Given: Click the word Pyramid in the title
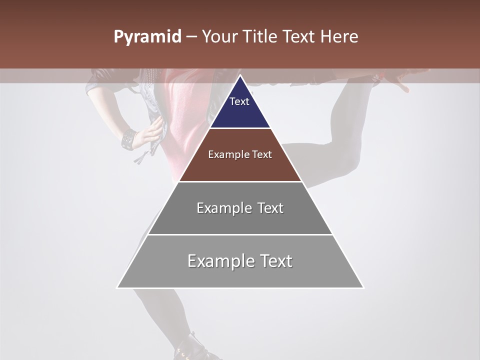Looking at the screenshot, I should (147, 37).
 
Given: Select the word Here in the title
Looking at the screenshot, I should (340, 37).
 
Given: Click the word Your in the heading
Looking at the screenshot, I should (219, 37).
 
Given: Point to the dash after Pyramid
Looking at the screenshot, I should (191, 37).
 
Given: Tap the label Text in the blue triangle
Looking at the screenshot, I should (239, 101).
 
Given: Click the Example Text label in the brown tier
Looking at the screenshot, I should (240, 154).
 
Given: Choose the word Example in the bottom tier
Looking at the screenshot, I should (220, 261).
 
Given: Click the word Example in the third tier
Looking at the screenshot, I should (223, 208).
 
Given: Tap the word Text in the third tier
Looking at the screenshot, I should (270, 208).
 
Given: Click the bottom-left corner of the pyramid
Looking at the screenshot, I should (117, 287).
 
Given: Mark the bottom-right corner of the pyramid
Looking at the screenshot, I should (363, 287).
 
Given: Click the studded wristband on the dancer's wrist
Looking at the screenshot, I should (128, 138).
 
